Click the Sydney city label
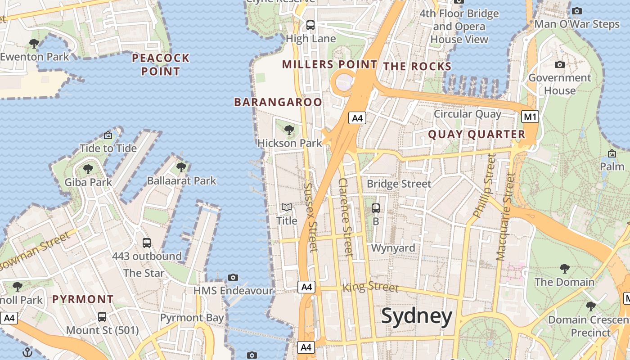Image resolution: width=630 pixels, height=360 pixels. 417,316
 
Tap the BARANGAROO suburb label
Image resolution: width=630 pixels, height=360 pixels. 278,102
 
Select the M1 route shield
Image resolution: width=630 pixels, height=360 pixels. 530,117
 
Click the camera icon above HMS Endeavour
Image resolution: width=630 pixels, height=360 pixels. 233,277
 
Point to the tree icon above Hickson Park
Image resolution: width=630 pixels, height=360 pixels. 289,130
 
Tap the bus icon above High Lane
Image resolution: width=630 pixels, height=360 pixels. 310,25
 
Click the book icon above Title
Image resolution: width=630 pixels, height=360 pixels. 287,207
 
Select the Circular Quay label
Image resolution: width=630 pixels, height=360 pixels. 467,114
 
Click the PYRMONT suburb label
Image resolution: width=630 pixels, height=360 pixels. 83,299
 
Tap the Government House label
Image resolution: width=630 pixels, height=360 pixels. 560,84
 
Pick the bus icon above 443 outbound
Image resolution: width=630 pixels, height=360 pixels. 147,243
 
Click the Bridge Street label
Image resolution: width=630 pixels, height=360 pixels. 399,184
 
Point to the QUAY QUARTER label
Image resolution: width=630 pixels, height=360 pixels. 477,134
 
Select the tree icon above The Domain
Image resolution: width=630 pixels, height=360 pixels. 564,269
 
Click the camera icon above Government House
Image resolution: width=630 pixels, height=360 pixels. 560,65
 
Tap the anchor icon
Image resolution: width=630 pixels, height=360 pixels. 28,352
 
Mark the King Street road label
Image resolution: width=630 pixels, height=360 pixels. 370,287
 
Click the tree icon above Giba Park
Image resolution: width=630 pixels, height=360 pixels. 88,169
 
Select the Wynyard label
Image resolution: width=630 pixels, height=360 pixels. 393,248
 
